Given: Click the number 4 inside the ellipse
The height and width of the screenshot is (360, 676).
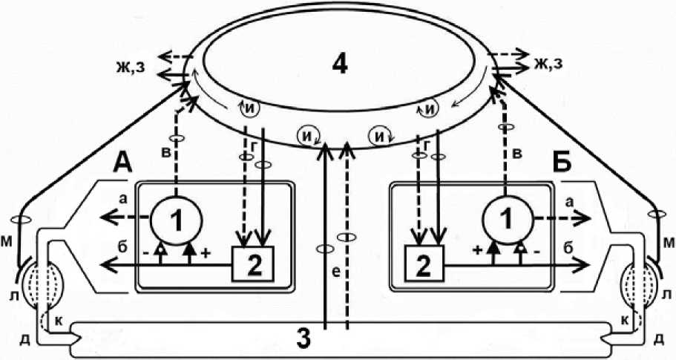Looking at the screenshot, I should point(339,65).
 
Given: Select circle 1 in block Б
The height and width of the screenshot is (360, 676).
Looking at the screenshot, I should point(505,220).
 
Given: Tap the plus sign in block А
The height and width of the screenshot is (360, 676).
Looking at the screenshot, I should point(205,252).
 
